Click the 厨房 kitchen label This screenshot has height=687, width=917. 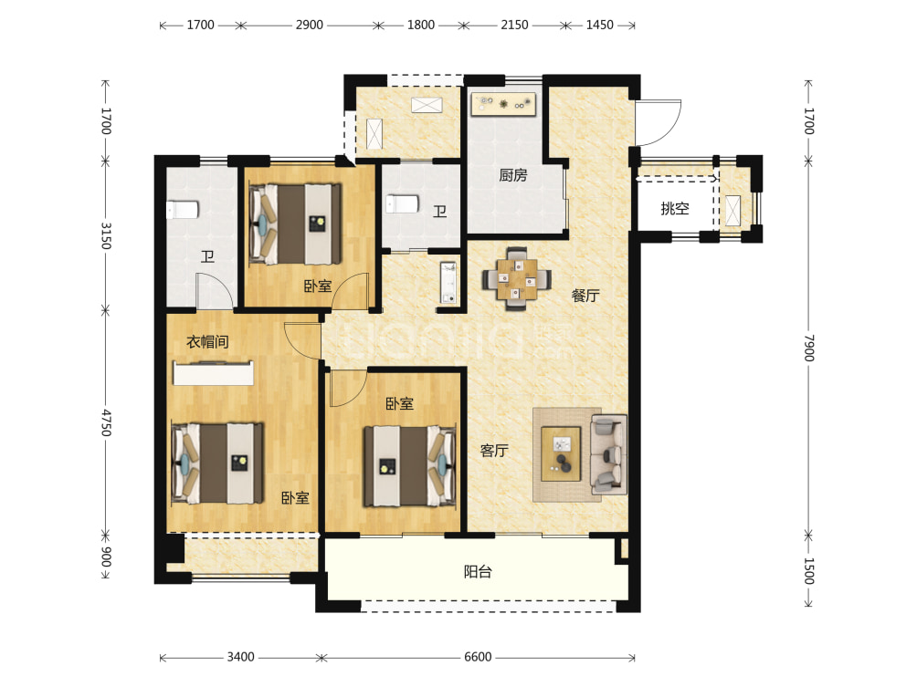[x=513, y=174]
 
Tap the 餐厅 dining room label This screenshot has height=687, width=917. [x=585, y=296]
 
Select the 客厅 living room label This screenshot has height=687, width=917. [x=494, y=451]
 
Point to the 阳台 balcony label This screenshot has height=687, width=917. [x=478, y=571]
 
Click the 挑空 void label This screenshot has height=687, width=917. [x=675, y=208]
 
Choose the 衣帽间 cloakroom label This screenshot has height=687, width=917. [x=207, y=341]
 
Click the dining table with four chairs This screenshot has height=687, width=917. [x=516, y=279]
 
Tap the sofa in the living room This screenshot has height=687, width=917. [x=609, y=454]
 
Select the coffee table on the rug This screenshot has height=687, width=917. [x=561, y=454]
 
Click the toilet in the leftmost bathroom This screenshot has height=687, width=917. [x=183, y=210]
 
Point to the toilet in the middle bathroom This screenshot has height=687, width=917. [x=403, y=204]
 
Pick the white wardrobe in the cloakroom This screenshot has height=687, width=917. [x=214, y=373]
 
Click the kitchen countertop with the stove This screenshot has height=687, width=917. [x=503, y=104]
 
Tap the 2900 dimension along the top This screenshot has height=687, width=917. [x=310, y=26]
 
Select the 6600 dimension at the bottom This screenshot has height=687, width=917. [x=478, y=657]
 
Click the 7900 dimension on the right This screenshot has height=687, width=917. [x=809, y=349]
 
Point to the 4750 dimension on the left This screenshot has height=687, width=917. [x=106, y=422]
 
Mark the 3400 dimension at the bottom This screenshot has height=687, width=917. [x=241, y=657]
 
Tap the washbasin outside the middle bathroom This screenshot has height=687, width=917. [x=448, y=283]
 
